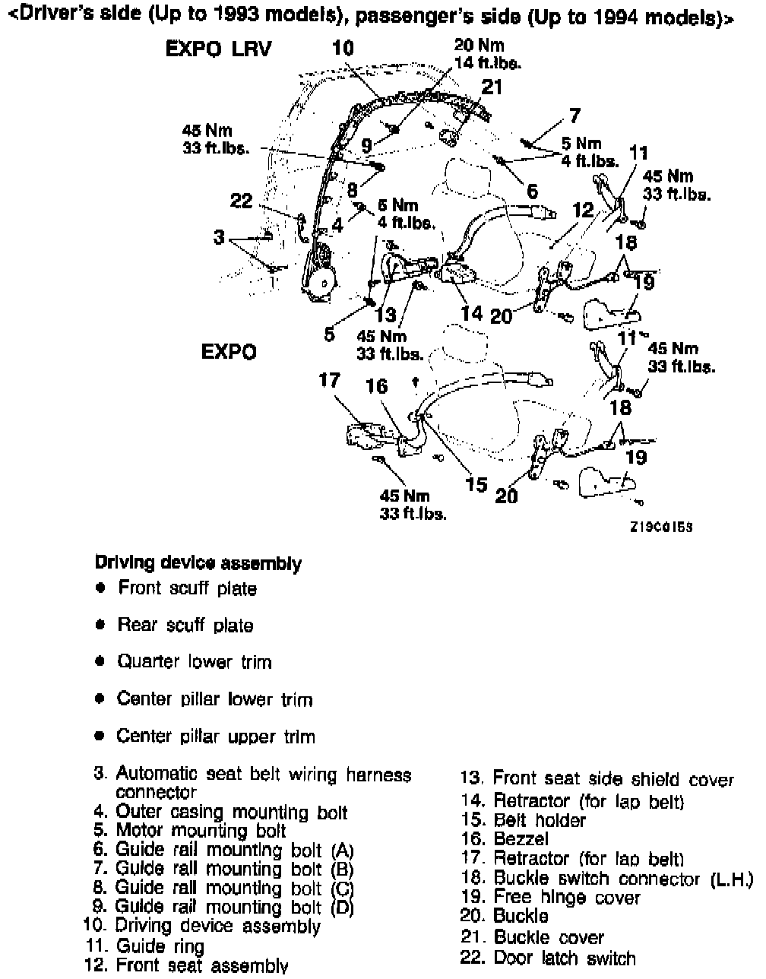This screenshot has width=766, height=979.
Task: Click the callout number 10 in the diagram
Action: (343, 48)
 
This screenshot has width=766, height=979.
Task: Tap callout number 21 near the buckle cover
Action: (492, 87)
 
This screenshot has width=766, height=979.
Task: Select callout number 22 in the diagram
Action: (241, 201)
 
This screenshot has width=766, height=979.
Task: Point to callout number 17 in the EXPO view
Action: (328, 380)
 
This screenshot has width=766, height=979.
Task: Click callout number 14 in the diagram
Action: (471, 312)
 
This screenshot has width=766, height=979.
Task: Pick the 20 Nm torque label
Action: (479, 46)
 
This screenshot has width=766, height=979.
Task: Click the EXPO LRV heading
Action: (218, 49)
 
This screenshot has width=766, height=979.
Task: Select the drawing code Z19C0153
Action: (660, 526)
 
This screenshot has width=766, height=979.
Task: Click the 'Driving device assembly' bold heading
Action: (198, 563)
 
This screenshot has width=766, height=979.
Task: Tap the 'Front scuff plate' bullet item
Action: (187, 588)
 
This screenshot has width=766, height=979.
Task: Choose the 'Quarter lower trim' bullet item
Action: (194, 662)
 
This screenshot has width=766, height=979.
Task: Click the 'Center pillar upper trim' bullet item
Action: (215, 737)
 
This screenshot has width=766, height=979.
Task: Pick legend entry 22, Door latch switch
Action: (548, 958)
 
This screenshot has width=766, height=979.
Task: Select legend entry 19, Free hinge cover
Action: (551, 897)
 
